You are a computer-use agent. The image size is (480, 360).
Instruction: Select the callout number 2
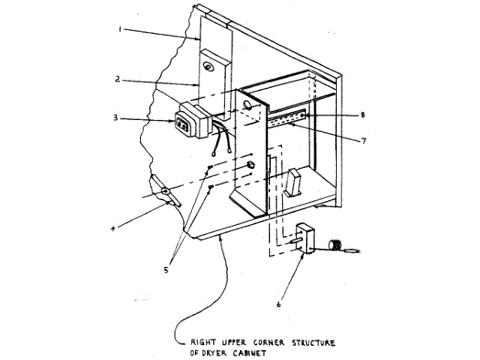coord(118,78)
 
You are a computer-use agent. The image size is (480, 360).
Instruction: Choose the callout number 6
coord(279,305)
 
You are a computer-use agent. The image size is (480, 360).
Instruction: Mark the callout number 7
coord(362,140)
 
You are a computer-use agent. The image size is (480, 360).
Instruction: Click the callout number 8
coord(362,115)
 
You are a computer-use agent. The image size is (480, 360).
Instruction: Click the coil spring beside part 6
coord(335,245)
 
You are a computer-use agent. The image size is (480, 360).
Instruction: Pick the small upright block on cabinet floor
coord(293,182)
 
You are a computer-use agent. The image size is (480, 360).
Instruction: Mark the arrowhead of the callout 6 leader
coord(301,255)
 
